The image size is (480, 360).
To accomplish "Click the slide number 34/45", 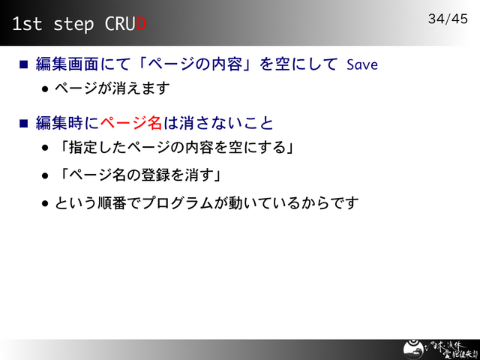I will pyautogui.click(x=448, y=18).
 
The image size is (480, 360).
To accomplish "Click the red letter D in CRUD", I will pyautogui.click(x=139, y=24).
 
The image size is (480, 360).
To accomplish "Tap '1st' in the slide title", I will pyautogui.click(x=27, y=24).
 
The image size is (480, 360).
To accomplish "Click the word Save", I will pyautogui.click(x=362, y=64).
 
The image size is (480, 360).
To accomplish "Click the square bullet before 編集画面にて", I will pyautogui.click(x=23, y=64).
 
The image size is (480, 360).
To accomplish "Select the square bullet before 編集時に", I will pyautogui.click(x=23, y=122).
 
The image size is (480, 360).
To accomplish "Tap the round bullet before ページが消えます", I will pyautogui.click(x=46, y=89).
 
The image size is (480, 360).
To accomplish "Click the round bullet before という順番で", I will pyautogui.click(x=46, y=203).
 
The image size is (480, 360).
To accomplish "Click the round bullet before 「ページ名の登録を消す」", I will pyautogui.click(x=46, y=175).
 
